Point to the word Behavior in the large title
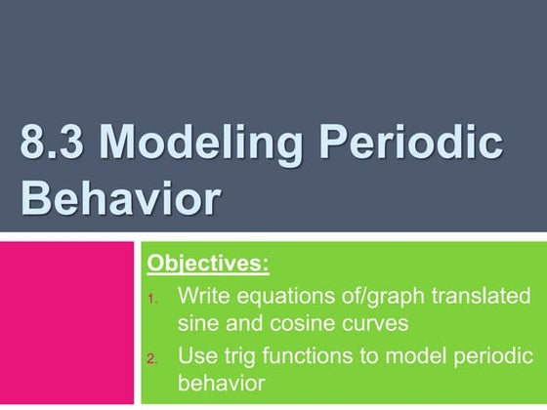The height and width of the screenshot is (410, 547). pos(120,200)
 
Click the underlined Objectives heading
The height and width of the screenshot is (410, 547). pos(207,265)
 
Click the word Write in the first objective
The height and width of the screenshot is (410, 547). pos(202,296)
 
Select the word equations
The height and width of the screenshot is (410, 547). pos(277,296)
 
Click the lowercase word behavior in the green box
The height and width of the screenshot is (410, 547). pos(222,383)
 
